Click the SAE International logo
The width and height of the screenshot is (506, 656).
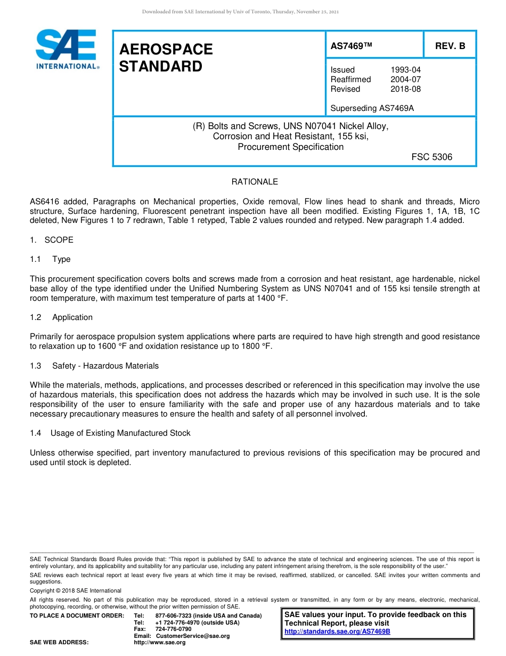point(67,49)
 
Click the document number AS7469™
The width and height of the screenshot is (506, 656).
point(351,46)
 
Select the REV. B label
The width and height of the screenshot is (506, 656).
point(450,46)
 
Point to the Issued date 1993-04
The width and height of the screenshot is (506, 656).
point(405,70)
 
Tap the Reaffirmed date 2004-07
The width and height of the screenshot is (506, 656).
point(405,79)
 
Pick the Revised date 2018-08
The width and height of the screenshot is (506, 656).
point(405,89)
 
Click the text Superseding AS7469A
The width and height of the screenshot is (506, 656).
point(372,108)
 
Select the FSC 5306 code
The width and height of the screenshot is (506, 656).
point(431,157)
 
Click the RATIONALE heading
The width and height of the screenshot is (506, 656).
point(255,182)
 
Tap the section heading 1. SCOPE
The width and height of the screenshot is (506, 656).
point(52,240)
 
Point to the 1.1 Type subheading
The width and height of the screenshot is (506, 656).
point(50,259)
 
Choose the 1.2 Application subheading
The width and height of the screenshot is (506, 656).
point(61,317)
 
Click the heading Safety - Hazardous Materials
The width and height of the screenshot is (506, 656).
point(105,366)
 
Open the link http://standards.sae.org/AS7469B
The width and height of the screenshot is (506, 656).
point(337,631)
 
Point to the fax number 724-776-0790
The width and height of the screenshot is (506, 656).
point(173,629)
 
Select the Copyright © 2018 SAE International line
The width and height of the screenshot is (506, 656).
point(76,590)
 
